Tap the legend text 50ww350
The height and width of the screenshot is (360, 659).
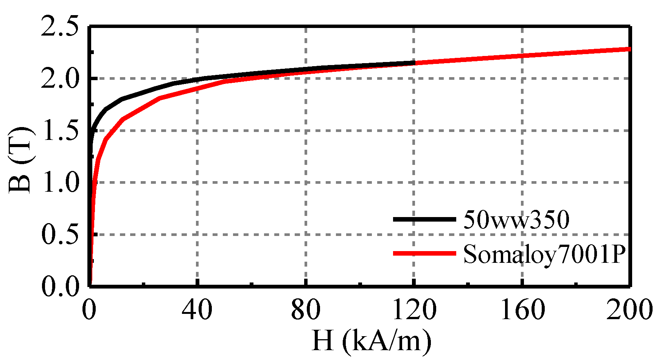click(516, 220)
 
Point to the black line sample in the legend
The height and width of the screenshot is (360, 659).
click(424, 219)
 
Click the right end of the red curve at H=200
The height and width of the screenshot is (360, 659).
click(629, 49)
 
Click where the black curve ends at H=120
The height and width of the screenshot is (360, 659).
click(414, 62)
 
